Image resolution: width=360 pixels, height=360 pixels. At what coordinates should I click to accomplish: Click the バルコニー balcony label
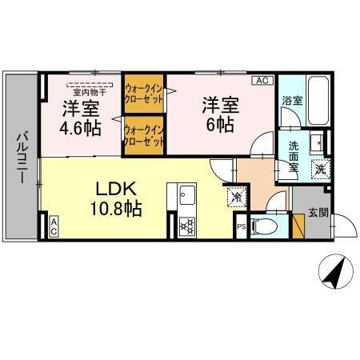pos(20,154)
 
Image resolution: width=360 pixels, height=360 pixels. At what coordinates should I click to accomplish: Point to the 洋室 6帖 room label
pos(220,114)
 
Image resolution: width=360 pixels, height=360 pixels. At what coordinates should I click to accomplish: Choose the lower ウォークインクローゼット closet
pos(145,134)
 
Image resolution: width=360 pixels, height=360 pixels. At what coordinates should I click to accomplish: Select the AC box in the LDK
pos(53,226)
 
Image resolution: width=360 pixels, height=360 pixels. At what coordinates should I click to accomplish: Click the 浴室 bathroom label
pos(291,102)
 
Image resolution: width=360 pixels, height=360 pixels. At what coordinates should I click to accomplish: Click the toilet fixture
pos(266,227)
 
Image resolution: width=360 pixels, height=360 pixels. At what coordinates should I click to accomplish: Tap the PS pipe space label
pos(241,227)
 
